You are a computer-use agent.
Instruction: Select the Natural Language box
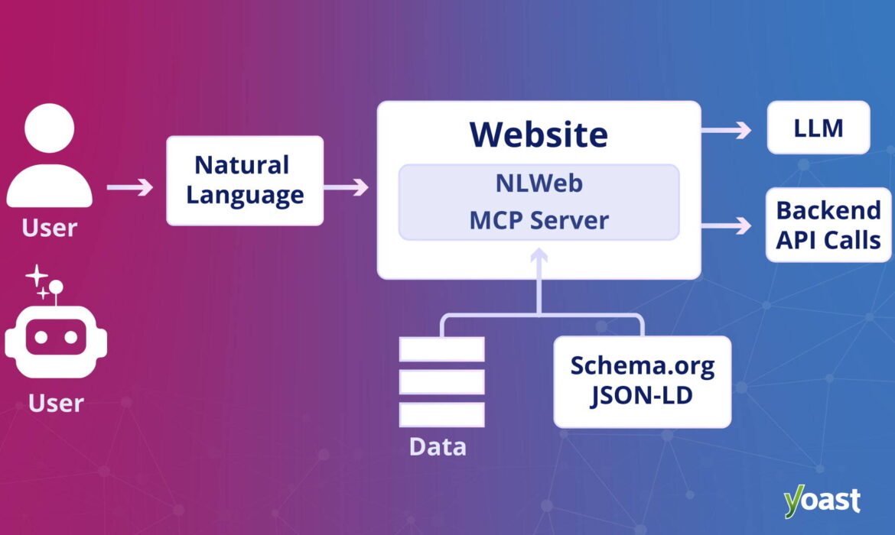(x=245, y=180)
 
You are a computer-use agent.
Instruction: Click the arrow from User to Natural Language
(x=130, y=186)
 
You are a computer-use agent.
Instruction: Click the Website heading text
(x=539, y=135)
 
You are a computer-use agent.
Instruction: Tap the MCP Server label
(x=539, y=220)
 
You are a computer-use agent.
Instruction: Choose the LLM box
(x=818, y=128)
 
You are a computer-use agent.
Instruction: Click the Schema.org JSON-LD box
(x=642, y=380)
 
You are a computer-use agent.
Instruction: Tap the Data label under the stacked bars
(x=438, y=446)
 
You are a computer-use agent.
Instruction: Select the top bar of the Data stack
(x=441, y=349)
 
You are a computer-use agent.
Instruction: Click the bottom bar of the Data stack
(x=441, y=414)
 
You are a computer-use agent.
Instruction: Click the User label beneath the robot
(x=56, y=403)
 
